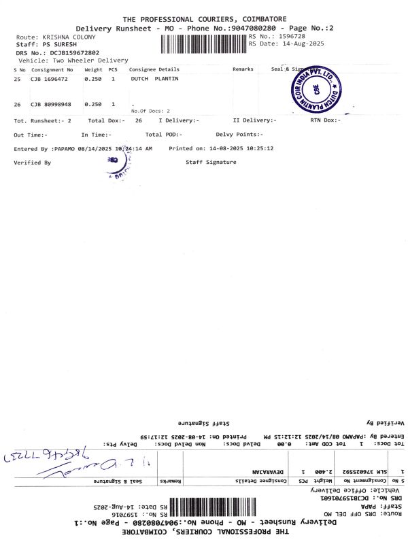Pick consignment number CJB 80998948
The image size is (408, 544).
[x=48, y=105]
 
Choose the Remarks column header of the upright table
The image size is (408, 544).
[x=243, y=69]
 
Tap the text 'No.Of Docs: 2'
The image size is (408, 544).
[x=150, y=110]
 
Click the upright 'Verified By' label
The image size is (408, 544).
[x=32, y=163]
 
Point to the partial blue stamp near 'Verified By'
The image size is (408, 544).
[x=120, y=166]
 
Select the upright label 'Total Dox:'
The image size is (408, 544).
[x=106, y=120]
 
